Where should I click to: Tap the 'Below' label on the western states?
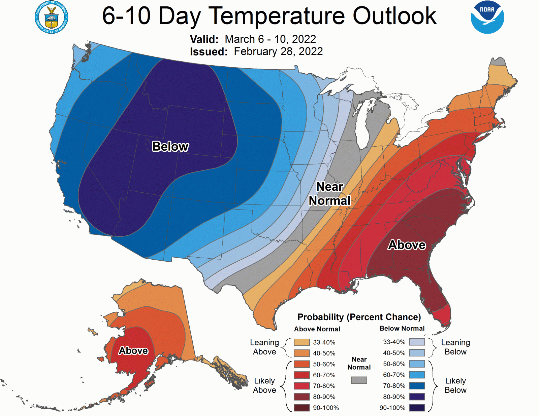[x=170, y=147]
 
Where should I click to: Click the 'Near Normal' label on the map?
[x=330, y=194]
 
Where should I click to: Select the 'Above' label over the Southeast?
[x=407, y=245]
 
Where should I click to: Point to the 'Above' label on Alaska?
[x=133, y=351]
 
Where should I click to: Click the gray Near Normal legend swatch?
[x=359, y=380]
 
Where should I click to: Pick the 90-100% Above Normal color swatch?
[x=302, y=408]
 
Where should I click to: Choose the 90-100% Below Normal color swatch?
[x=417, y=408]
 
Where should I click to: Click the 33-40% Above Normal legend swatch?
[x=302, y=342]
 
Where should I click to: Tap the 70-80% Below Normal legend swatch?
[x=417, y=386]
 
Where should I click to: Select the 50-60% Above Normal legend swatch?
[x=302, y=364]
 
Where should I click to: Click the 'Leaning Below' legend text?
[x=455, y=347]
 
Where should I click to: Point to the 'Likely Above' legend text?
[x=264, y=385]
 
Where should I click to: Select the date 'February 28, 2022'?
[x=278, y=51]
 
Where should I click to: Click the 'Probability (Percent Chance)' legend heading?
[x=359, y=317]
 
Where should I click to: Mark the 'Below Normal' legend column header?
[x=402, y=329]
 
